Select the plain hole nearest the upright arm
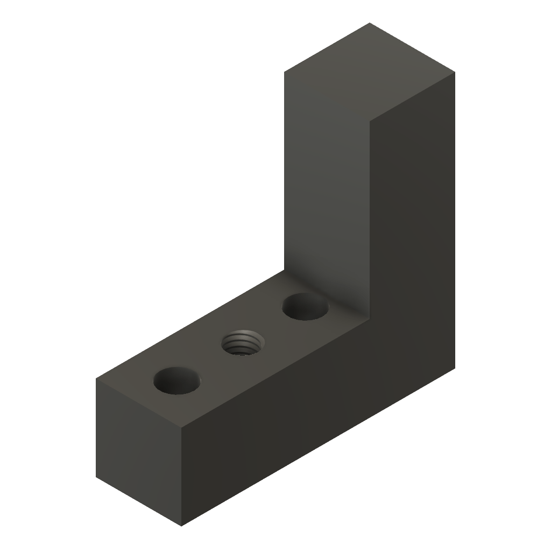tap(305, 307)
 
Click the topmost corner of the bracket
tap(370, 23)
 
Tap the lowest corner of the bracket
tap(182, 526)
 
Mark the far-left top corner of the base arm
tap(96, 379)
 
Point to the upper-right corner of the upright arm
tap(455, 72)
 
